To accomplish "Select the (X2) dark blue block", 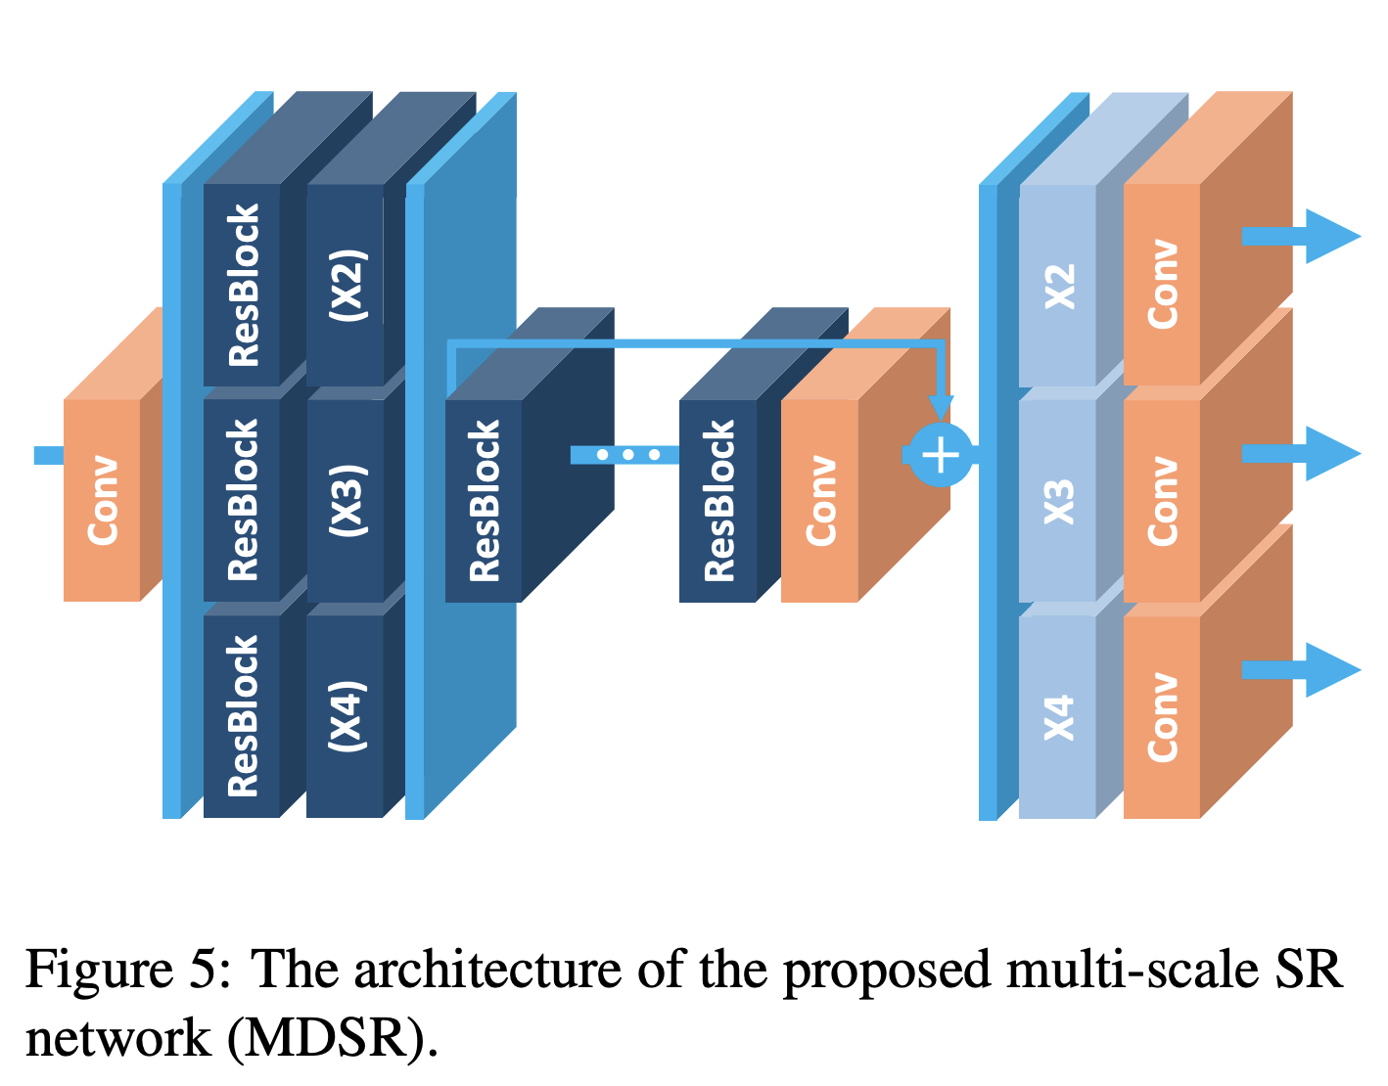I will coord(346,285).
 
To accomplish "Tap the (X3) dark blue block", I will coord(346,500).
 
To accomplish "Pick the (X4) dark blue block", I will coord(346,715).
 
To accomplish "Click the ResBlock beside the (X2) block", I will coord(242,285).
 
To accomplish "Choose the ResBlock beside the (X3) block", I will coord(242,500).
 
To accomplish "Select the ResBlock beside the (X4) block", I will coord(242,715).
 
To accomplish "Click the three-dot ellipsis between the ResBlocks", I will coord(627,455).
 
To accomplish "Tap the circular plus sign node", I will coord(941,455).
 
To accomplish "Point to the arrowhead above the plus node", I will coord(941,407).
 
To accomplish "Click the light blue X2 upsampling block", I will coord(1058,285).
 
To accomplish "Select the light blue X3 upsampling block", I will coord(1058,500).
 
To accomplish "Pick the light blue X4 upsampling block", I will coord(1058,715).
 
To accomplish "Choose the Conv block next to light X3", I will coord(1162,500).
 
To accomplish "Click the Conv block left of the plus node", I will coord(820,500).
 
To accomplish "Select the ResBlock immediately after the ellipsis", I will coord(717,500).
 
